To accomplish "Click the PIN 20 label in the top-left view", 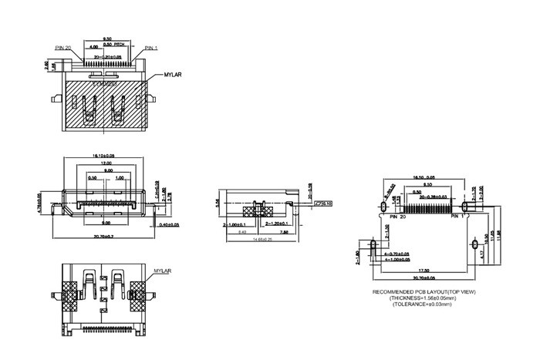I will click(63, 48).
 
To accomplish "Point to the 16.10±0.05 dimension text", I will click(103, 156).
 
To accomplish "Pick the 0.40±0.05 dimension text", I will click(168, 224).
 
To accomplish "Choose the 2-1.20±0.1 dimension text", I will click(276, 224).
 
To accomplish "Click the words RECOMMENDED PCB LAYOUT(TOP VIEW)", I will click(423, 292).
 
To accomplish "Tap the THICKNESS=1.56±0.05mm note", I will click(423, 298).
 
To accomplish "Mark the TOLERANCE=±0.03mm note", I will click(423, 304).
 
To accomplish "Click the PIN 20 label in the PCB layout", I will click(398, 219).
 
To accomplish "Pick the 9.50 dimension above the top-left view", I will click(108, 38).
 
